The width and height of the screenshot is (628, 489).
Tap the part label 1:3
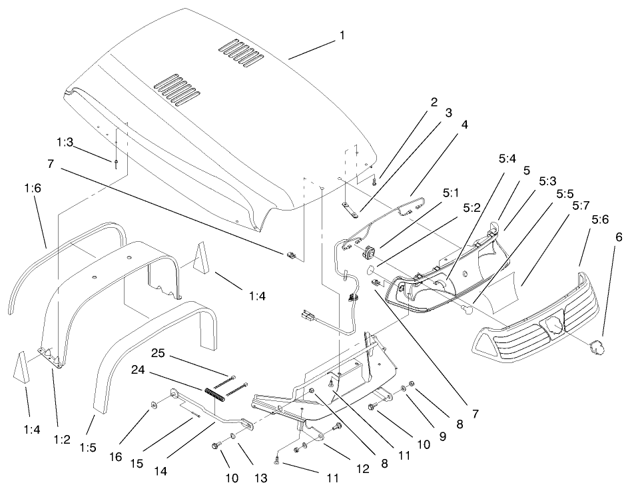click(65, 143)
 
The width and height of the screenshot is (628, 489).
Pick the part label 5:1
click(450, 193)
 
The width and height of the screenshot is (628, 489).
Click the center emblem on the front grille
click(553, 326)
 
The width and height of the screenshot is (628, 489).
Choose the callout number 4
click(464, 125)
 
